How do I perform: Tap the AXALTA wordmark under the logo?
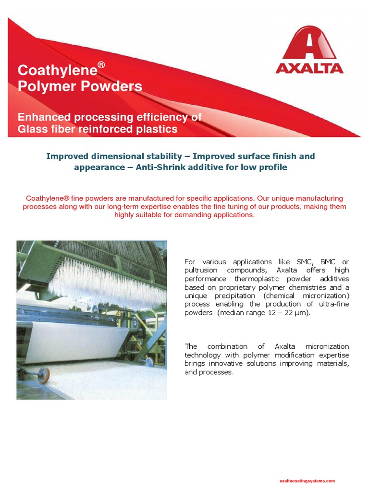tap(309, 68)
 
